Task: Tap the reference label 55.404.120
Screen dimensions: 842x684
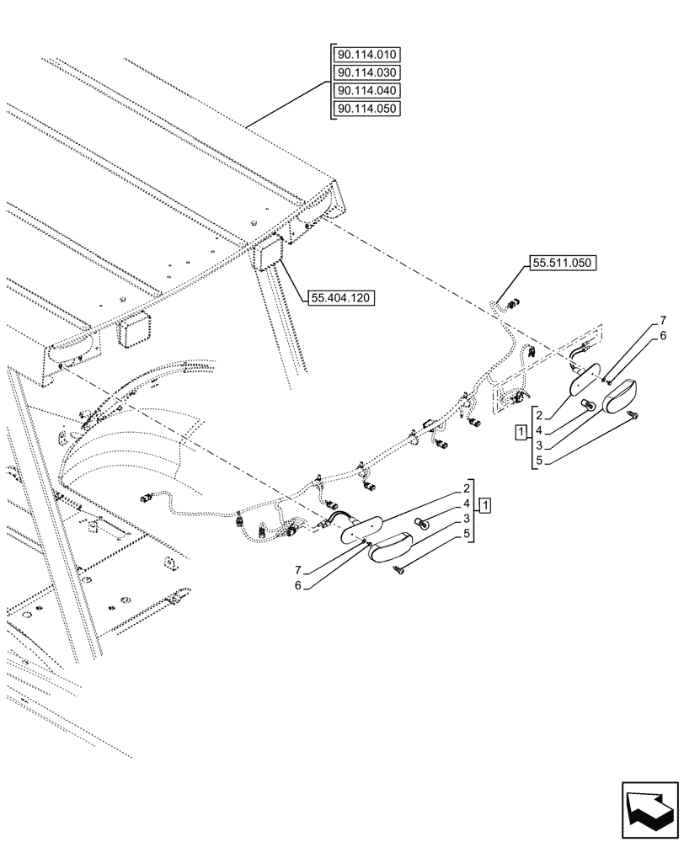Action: tap(342, 298)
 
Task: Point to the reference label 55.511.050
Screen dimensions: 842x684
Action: tap(562, 264)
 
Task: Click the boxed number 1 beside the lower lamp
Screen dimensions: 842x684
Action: tap(485, 505)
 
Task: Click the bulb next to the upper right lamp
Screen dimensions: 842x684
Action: tap(590, 408)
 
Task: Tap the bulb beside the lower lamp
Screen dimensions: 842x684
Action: tap(425, 525)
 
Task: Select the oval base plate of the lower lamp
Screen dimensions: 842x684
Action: tap(361, 530)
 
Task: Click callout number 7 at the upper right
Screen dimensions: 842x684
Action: tap(663, 321)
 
